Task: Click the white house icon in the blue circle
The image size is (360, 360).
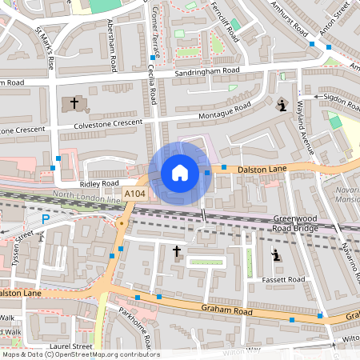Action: tap(180, 173)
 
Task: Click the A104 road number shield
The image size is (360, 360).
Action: tap(134, 194)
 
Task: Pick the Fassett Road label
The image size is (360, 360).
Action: tap(284, 279)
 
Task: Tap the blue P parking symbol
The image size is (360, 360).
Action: tap(45, 218)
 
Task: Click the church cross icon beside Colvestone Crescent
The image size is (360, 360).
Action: tap(74, 103)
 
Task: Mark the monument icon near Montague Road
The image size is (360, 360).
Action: tap(281, 105)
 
